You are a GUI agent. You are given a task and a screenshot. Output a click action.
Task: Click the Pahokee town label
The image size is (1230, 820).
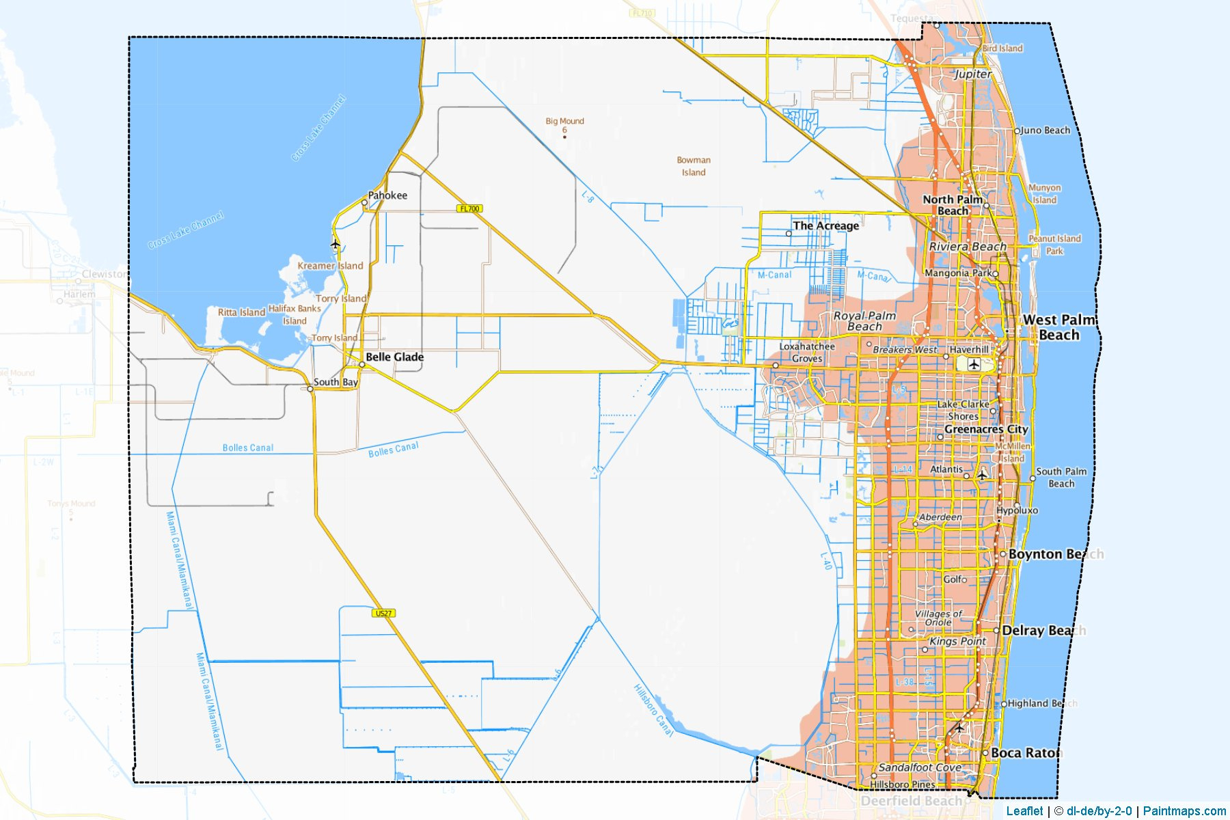click(387, 195)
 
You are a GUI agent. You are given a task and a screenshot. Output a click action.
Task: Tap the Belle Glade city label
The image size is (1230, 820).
click(394, 357)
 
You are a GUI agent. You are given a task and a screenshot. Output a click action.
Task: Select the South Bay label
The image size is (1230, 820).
click(336, 382)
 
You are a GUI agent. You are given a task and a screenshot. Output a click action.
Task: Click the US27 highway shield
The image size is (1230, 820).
click(384, 613)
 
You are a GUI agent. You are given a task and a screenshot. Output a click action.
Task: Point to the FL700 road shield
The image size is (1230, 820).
click(470, 208)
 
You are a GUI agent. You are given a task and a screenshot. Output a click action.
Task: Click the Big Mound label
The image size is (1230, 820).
click(564, 122)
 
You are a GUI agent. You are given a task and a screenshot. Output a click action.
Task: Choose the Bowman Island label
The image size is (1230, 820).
click(694, 166)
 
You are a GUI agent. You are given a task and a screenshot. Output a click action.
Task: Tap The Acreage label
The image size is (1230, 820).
click(825, 225)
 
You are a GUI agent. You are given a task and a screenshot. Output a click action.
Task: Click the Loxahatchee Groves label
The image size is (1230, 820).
click(807, 352)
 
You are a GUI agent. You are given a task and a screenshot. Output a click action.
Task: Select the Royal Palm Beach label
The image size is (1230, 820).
click(864, 321)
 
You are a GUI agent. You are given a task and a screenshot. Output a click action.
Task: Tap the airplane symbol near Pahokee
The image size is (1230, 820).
click(335, 244)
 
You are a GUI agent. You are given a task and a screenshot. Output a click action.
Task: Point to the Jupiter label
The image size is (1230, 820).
click(972, 74)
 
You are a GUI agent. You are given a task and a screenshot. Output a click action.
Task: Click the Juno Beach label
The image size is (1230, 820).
click(1045, 131)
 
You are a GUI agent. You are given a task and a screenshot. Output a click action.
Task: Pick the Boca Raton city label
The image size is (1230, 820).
click(1026, 752)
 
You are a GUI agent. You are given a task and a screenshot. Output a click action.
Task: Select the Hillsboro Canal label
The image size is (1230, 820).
click(653, 711)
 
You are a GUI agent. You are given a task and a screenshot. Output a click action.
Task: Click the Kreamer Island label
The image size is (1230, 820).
click(330, 266)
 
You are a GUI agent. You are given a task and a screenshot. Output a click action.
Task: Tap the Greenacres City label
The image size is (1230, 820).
click(986, 429)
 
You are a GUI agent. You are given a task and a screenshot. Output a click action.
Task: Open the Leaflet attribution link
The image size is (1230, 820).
click(1024, 811)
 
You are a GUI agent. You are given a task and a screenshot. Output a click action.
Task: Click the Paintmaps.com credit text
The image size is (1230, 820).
click(1184, 811)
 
